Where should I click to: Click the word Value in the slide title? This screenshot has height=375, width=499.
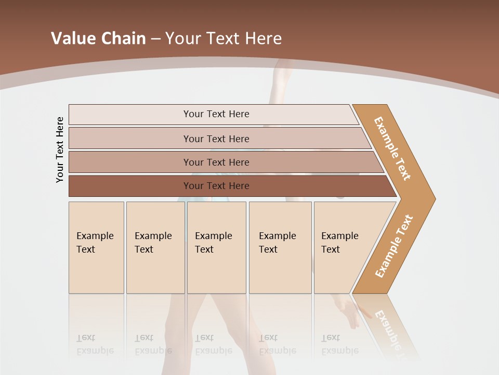pyautogui.click(x=72, y=39)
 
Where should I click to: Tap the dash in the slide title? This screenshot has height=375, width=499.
pyautogui.click(x=155, y=39)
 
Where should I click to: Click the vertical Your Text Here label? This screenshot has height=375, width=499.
pyautogui.click(x=60, y=149)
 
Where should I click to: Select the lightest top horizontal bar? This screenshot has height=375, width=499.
pyautogui.click(x=213, y=114)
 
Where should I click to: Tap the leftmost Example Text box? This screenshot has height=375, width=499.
pyautogui.click(x=96, y=247)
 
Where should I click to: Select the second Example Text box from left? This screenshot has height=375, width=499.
pyautogui.click(x=155, y=247)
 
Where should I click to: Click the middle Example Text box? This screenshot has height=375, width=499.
pyautogui.click(x=216, y=247)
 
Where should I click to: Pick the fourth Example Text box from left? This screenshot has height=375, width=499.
pyautogui.click(x=280, y=247)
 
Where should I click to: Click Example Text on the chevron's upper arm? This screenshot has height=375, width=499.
pyautogui.click(x=392, y=148)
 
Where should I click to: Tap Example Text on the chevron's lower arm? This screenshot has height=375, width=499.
pyautogui.click(x=394, y=246)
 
